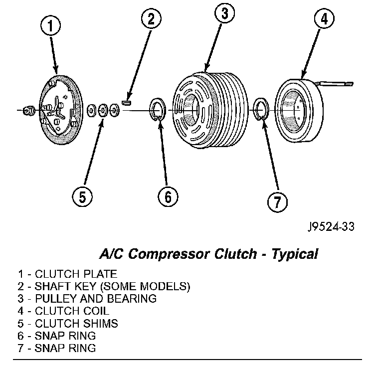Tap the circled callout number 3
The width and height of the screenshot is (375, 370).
point(224,14)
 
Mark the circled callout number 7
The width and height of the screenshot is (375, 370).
point(276,201)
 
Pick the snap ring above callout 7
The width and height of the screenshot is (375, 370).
point(262,111)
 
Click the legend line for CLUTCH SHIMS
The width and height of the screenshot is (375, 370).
point(68,323)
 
